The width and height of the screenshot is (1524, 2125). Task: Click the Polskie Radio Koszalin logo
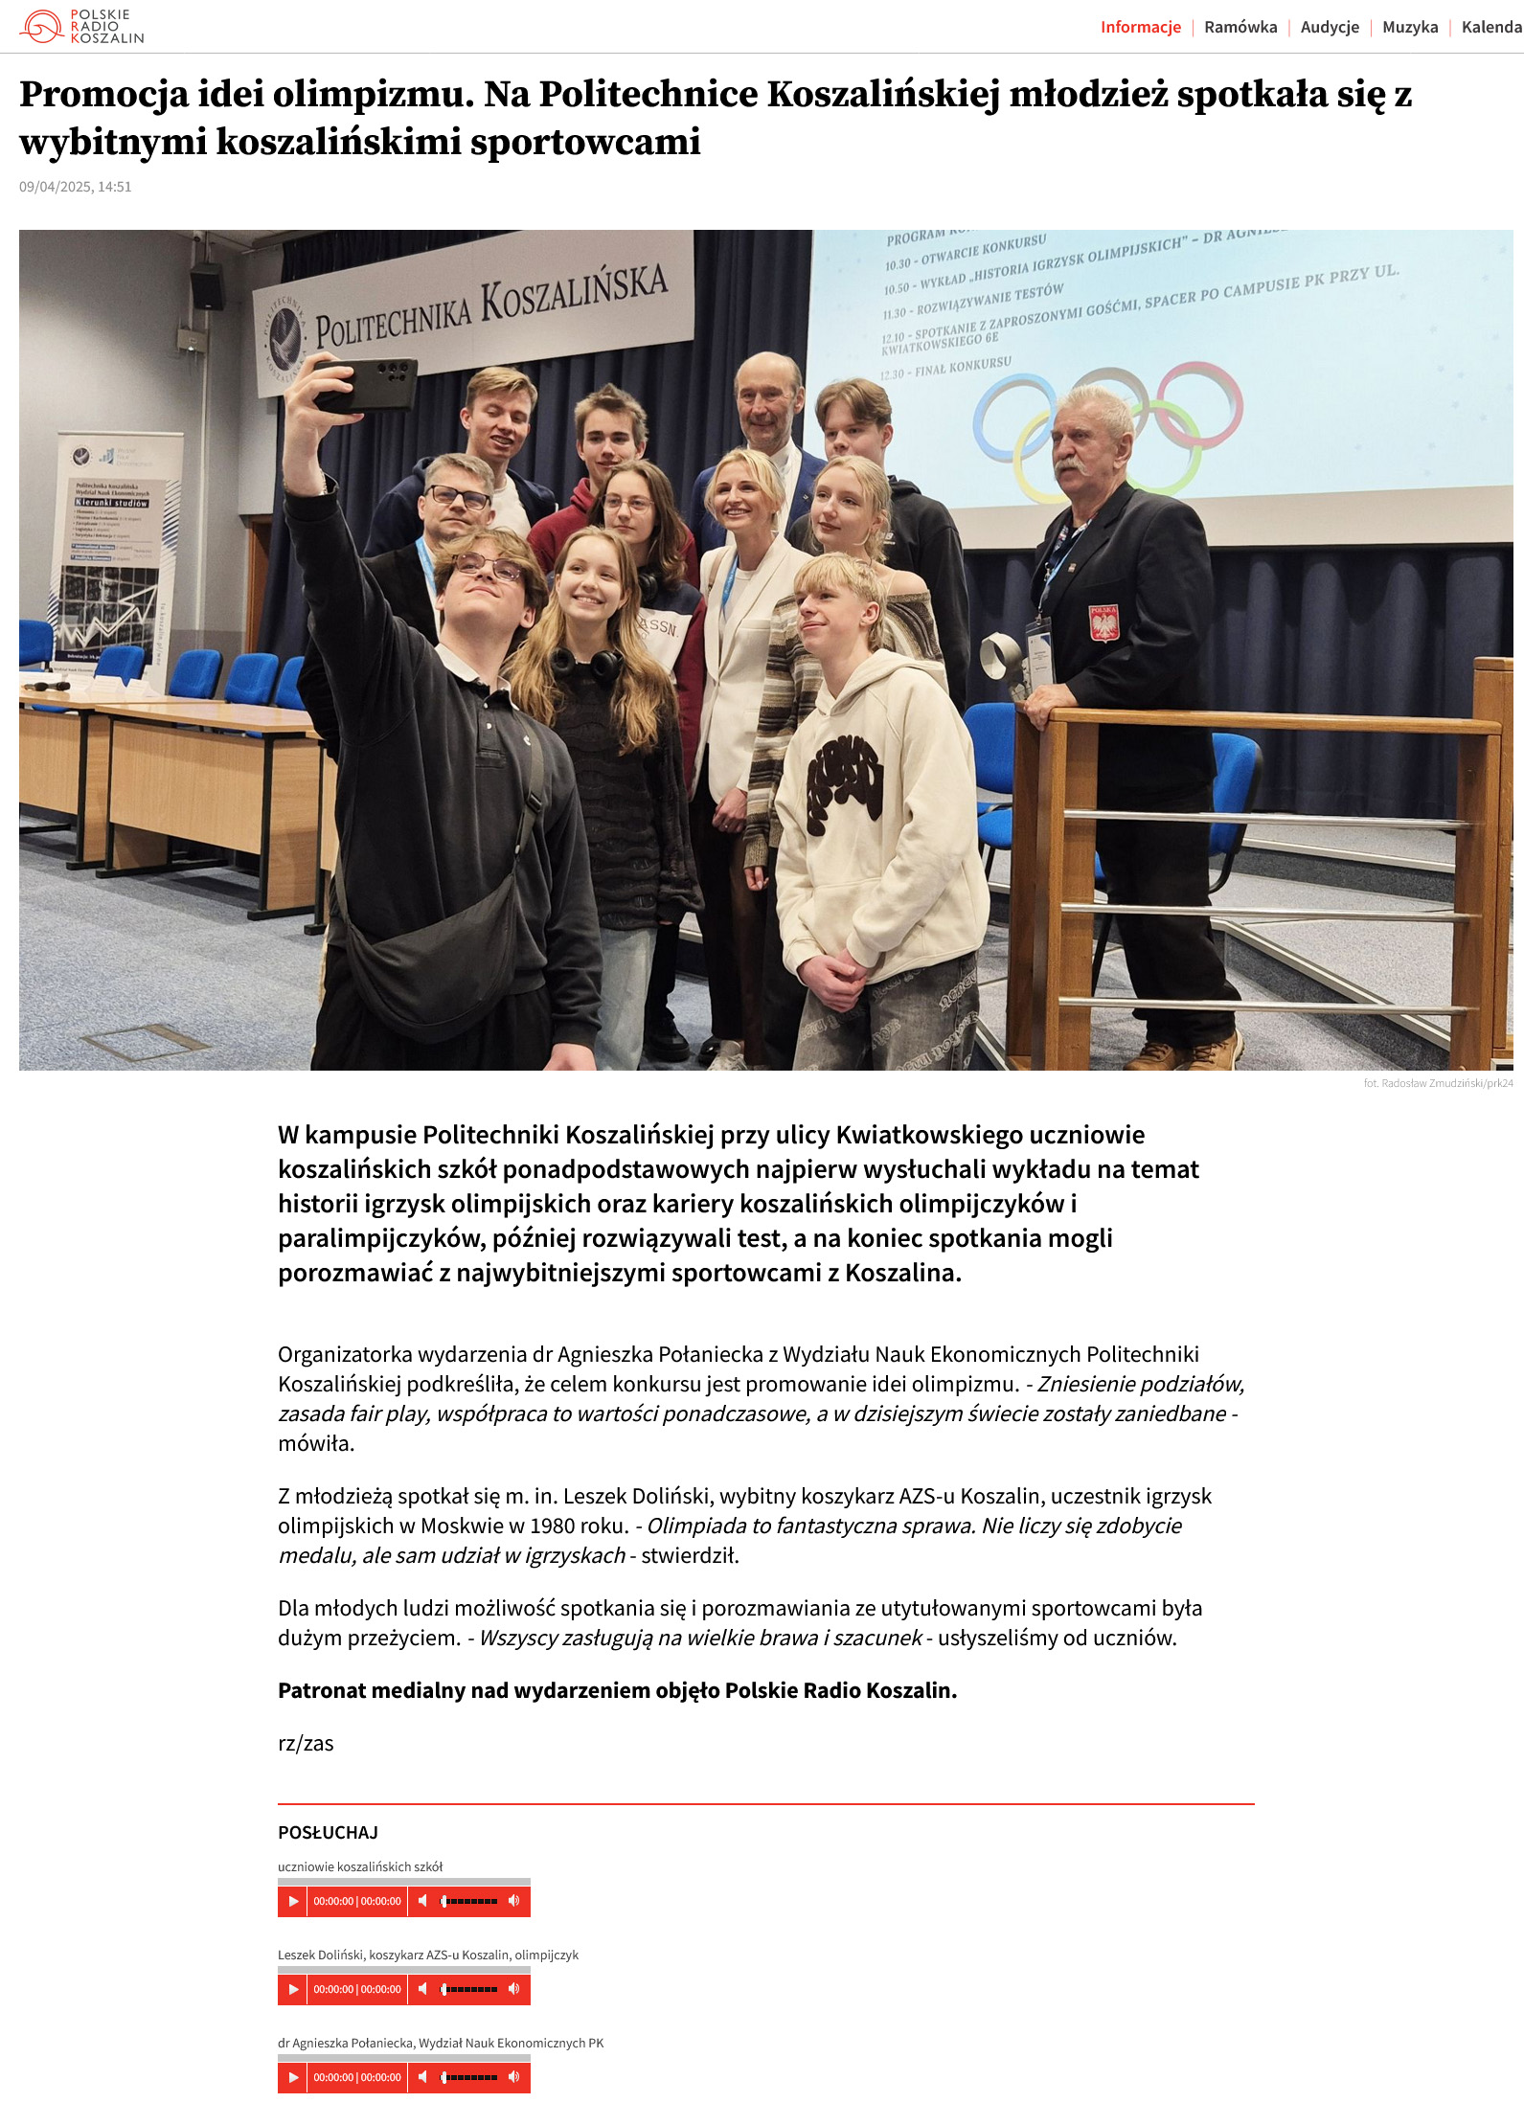click(x=81, y=27)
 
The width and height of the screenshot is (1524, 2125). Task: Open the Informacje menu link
click(x=1140, y=27)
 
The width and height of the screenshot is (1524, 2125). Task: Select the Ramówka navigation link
click(x=1240, y=27)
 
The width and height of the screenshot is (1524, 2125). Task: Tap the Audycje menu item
click(x=1330, y=27)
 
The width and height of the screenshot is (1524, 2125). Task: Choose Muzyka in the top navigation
click(x=1410, y=27)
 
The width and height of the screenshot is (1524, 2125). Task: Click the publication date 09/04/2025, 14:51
click(x=76, y=187)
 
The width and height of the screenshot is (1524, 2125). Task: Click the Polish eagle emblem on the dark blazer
click(x=1103, y=623)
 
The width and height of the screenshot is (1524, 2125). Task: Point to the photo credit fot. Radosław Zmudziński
click(x=1438, y=1083)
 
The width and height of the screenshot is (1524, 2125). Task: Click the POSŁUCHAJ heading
click(x=328, y=1832)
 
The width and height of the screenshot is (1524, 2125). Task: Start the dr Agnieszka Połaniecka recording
click(x=293, y=2077)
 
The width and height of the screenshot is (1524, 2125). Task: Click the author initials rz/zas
click(x=306, y=1743)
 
